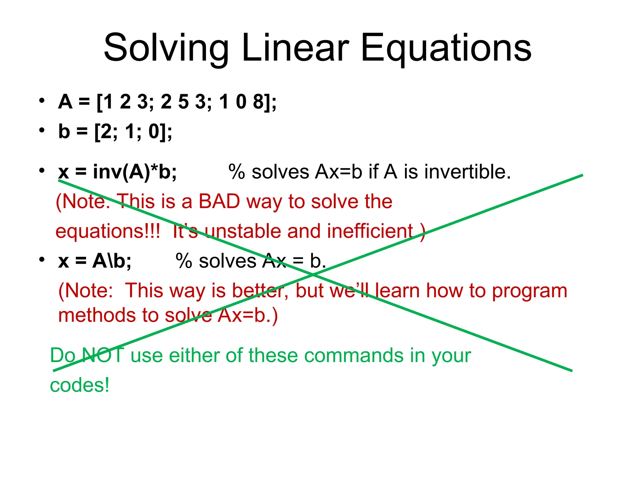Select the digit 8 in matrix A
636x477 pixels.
258,102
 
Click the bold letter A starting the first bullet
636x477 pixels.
65,102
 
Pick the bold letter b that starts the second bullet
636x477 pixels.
64,131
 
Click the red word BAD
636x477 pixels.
219,202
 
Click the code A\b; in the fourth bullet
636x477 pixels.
112,261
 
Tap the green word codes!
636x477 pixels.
79,385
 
